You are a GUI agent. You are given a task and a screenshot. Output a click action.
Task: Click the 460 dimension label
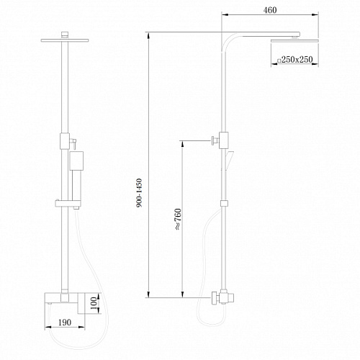pyautogui.click(x=270, y=10)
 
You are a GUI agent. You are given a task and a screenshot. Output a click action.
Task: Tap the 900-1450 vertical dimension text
pyautogui.click(x=139, y=193)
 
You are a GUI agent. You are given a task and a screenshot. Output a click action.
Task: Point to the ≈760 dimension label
pyautogui.click(x=178, y=220)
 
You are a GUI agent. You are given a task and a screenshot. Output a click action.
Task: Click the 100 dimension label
pyautogui.click(x=94, y=303)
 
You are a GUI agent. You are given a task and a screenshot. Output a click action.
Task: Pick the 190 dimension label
pyautogui.click(x=65, y=323)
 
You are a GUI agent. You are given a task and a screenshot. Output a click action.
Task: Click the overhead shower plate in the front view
pyautogui.click(x=65, y=40)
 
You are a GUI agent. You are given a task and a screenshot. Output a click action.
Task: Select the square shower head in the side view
pyautogui.click(x=294, y=41)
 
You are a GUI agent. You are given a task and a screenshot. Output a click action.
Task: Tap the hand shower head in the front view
pyautogui.click(x=76, y=161)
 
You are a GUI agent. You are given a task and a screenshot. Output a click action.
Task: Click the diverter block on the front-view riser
pyautogui.click(x=65, y=141)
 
